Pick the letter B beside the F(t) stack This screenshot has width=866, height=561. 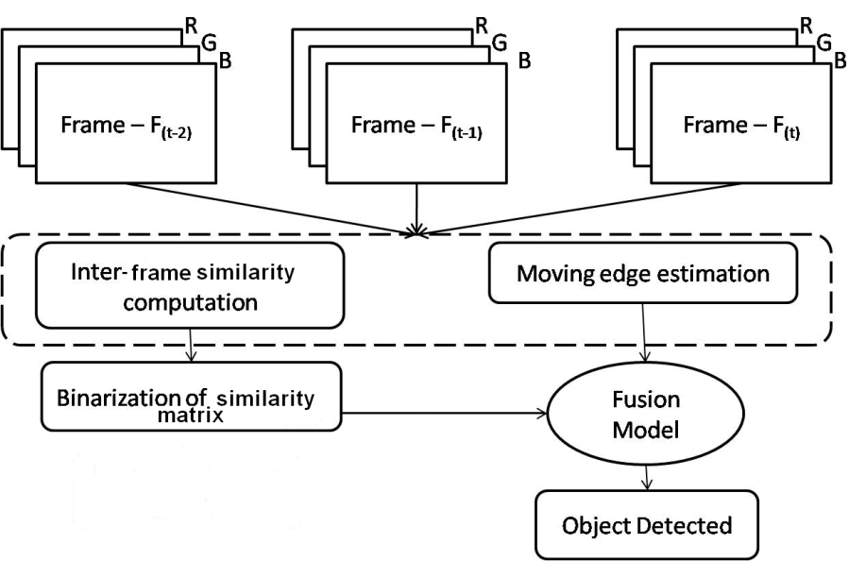pos(839,59)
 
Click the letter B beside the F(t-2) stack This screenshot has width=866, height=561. pos(223,59)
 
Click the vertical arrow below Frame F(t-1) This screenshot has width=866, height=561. pos(416,206)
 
